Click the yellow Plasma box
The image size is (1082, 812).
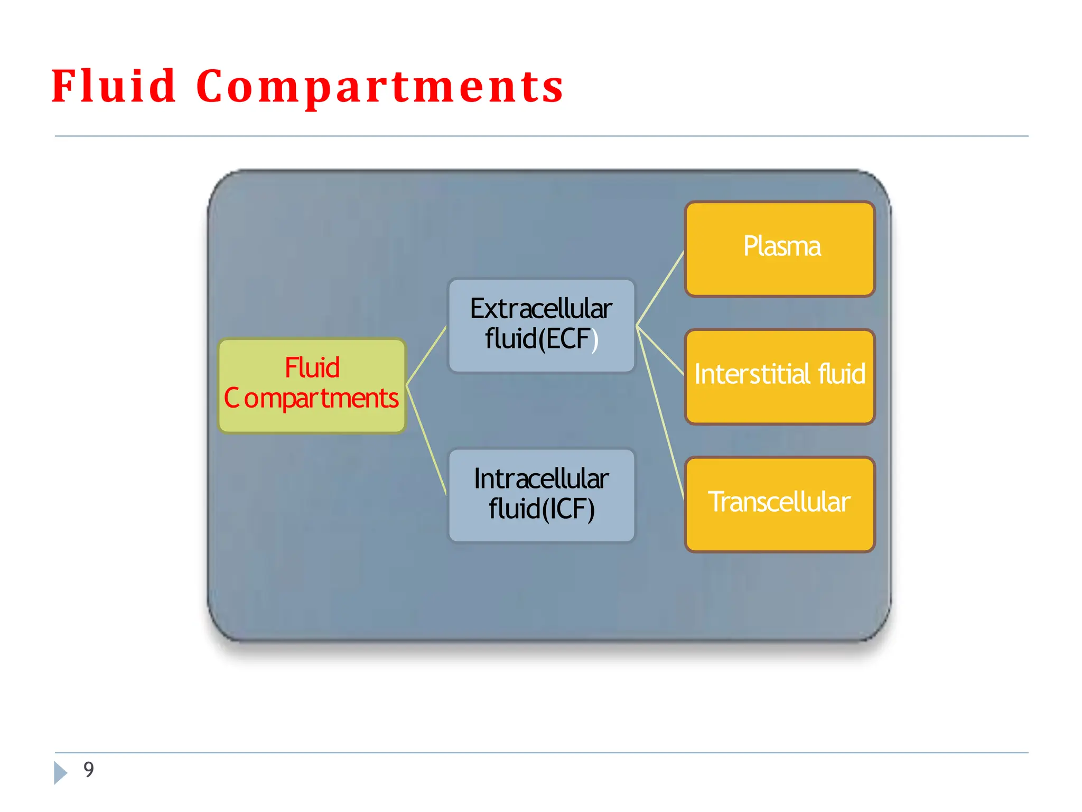(x=780, y=248)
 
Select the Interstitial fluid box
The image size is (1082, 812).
(x=780, y=376)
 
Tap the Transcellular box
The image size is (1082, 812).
(x=780, y=504)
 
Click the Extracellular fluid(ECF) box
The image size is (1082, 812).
(x=541, y=326)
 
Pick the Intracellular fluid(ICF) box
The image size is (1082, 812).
(x=541, y=495)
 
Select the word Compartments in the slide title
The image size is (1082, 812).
(x=379, y=87)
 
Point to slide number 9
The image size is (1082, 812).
(x=89, y=769)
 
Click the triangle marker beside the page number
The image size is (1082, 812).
(x=60, y=772)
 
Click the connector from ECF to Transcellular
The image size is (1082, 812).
(x=660, y=412)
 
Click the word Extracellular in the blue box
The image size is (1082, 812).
(x=541, y=309)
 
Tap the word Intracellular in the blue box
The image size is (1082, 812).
(x=541, y=479)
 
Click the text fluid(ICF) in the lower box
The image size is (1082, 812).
(x=542, y=509)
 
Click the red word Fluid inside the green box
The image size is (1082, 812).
(x=312, y=368)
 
